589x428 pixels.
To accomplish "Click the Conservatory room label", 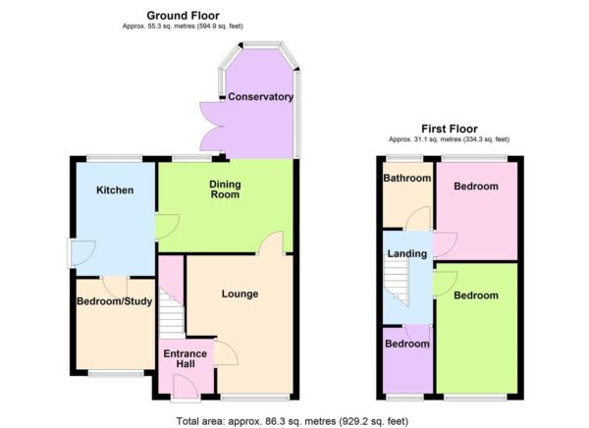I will pyautogui.click(x=259, y=97).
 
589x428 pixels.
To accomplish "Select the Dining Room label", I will pyautogui.click(x=226, y=188).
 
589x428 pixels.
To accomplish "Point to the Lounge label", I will pyautogui.click(x=240, y=293).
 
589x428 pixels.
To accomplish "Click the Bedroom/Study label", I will pyautogui.click(x=115, y=301).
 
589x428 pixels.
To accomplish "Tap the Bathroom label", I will pyautogui.click(x=407, y=179).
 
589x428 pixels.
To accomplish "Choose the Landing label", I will pyautogui.click(x=407, y=254).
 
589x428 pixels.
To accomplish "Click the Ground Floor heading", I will pyautogui.click(x=183, y=16).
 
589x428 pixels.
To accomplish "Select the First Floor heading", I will pyautogui.click(x=449, y=129).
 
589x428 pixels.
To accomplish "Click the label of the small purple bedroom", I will pyautogui.click(x=406, y=344).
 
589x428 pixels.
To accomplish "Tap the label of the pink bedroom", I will pyautogui.click(x=475, y=187).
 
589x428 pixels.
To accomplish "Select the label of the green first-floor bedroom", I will pyautogui.click(x=475, y=295).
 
